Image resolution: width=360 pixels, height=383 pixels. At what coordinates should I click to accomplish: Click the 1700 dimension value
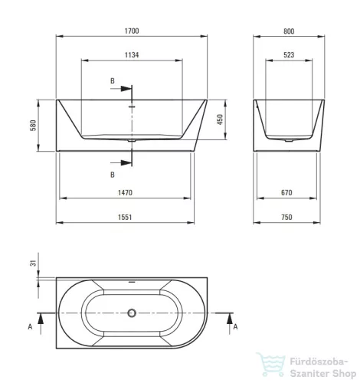point(132,31)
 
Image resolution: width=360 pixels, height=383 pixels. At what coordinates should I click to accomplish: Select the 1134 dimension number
point(132,55)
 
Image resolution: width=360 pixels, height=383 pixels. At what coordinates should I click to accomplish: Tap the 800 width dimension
point(289,31)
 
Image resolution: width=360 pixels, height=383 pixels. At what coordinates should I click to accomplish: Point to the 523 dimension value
point(289,55)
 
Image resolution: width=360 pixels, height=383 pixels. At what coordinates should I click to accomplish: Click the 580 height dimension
point(33,126)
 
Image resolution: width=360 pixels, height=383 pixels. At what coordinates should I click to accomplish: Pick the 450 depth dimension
point(220,119)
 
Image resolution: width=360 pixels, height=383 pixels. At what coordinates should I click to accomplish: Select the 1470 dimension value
point(125,192)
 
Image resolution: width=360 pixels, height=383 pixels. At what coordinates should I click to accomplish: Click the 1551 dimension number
point(125,217)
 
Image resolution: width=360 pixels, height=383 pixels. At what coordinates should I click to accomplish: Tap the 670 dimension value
point(286,192)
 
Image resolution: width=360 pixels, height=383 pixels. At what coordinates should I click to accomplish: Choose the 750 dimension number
point(286,217)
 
